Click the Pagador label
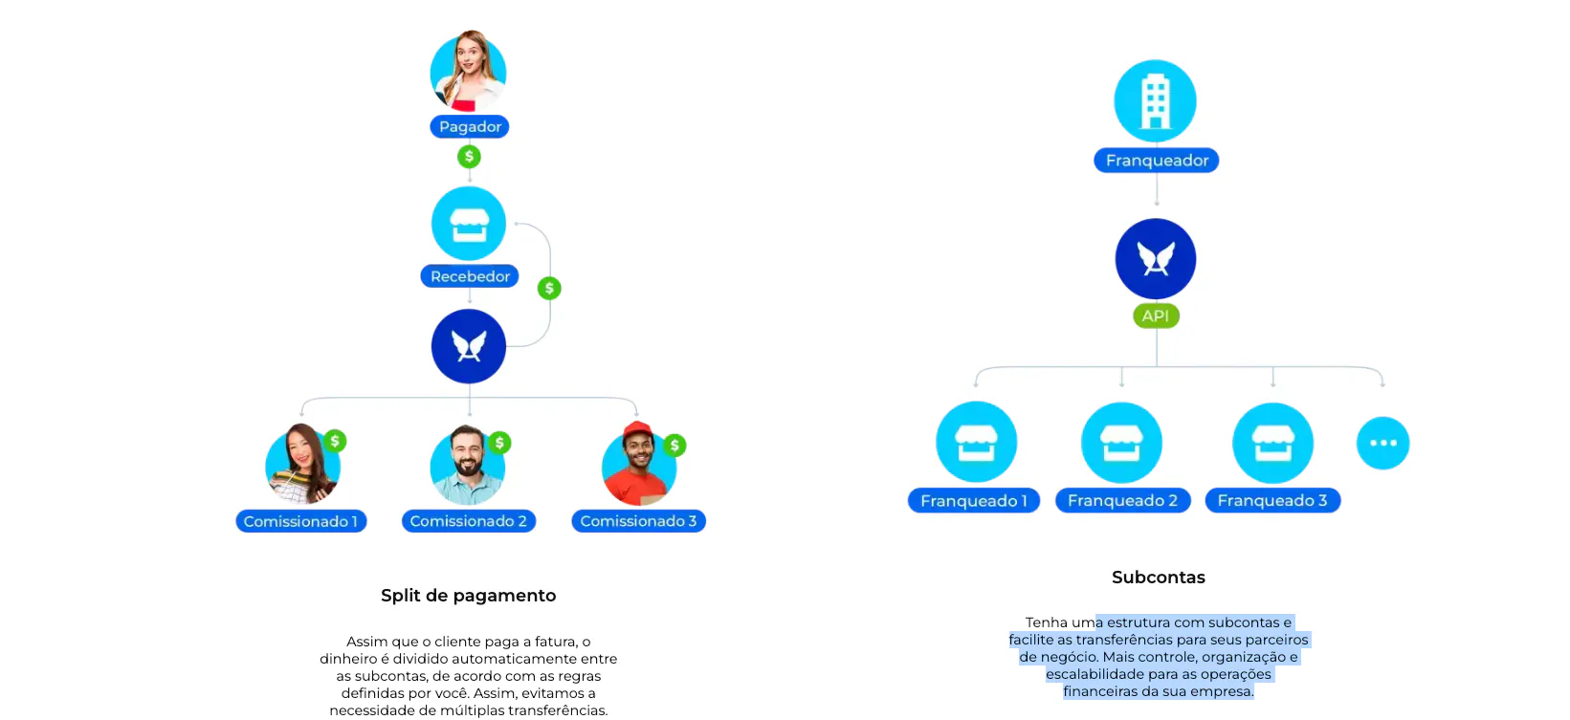pyautogui.click(x=469, y=127)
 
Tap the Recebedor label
pyautogui.click(x=470, y=276)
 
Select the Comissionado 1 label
pyautogui.click(x=300, y=521)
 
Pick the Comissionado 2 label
pyautogui.click(x=468, y=521)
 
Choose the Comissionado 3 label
pyautogui.click(x=638, y=521)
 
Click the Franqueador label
pyautogui.click(x=1156, y=161)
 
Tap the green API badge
pyautogui.click(x=1156, y=316)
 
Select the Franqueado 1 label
pyautogui.click(x=973, y=501)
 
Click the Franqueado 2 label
pyautogui.click(x=1122, y=501)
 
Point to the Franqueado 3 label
pyautogui.click(x=1271, y=501)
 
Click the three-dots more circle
pyautogui.click(x=1382, y=443)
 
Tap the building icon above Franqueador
pyautogui.click(x=1155, y=101)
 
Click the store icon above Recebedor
pyautogui.click(x=469, y=224)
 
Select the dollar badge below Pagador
pyautogui.click(x=469, y=156)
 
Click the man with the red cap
pyautogui.click(x=637, y=465)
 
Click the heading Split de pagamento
pyautogui.click(x=468, y=596)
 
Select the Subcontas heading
pyautogui.click(x=1158, y=578)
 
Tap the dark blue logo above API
pyautogui.click(x=1155, y=259)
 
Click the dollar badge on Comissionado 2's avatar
pyautogui.click(x=499, y=443)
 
